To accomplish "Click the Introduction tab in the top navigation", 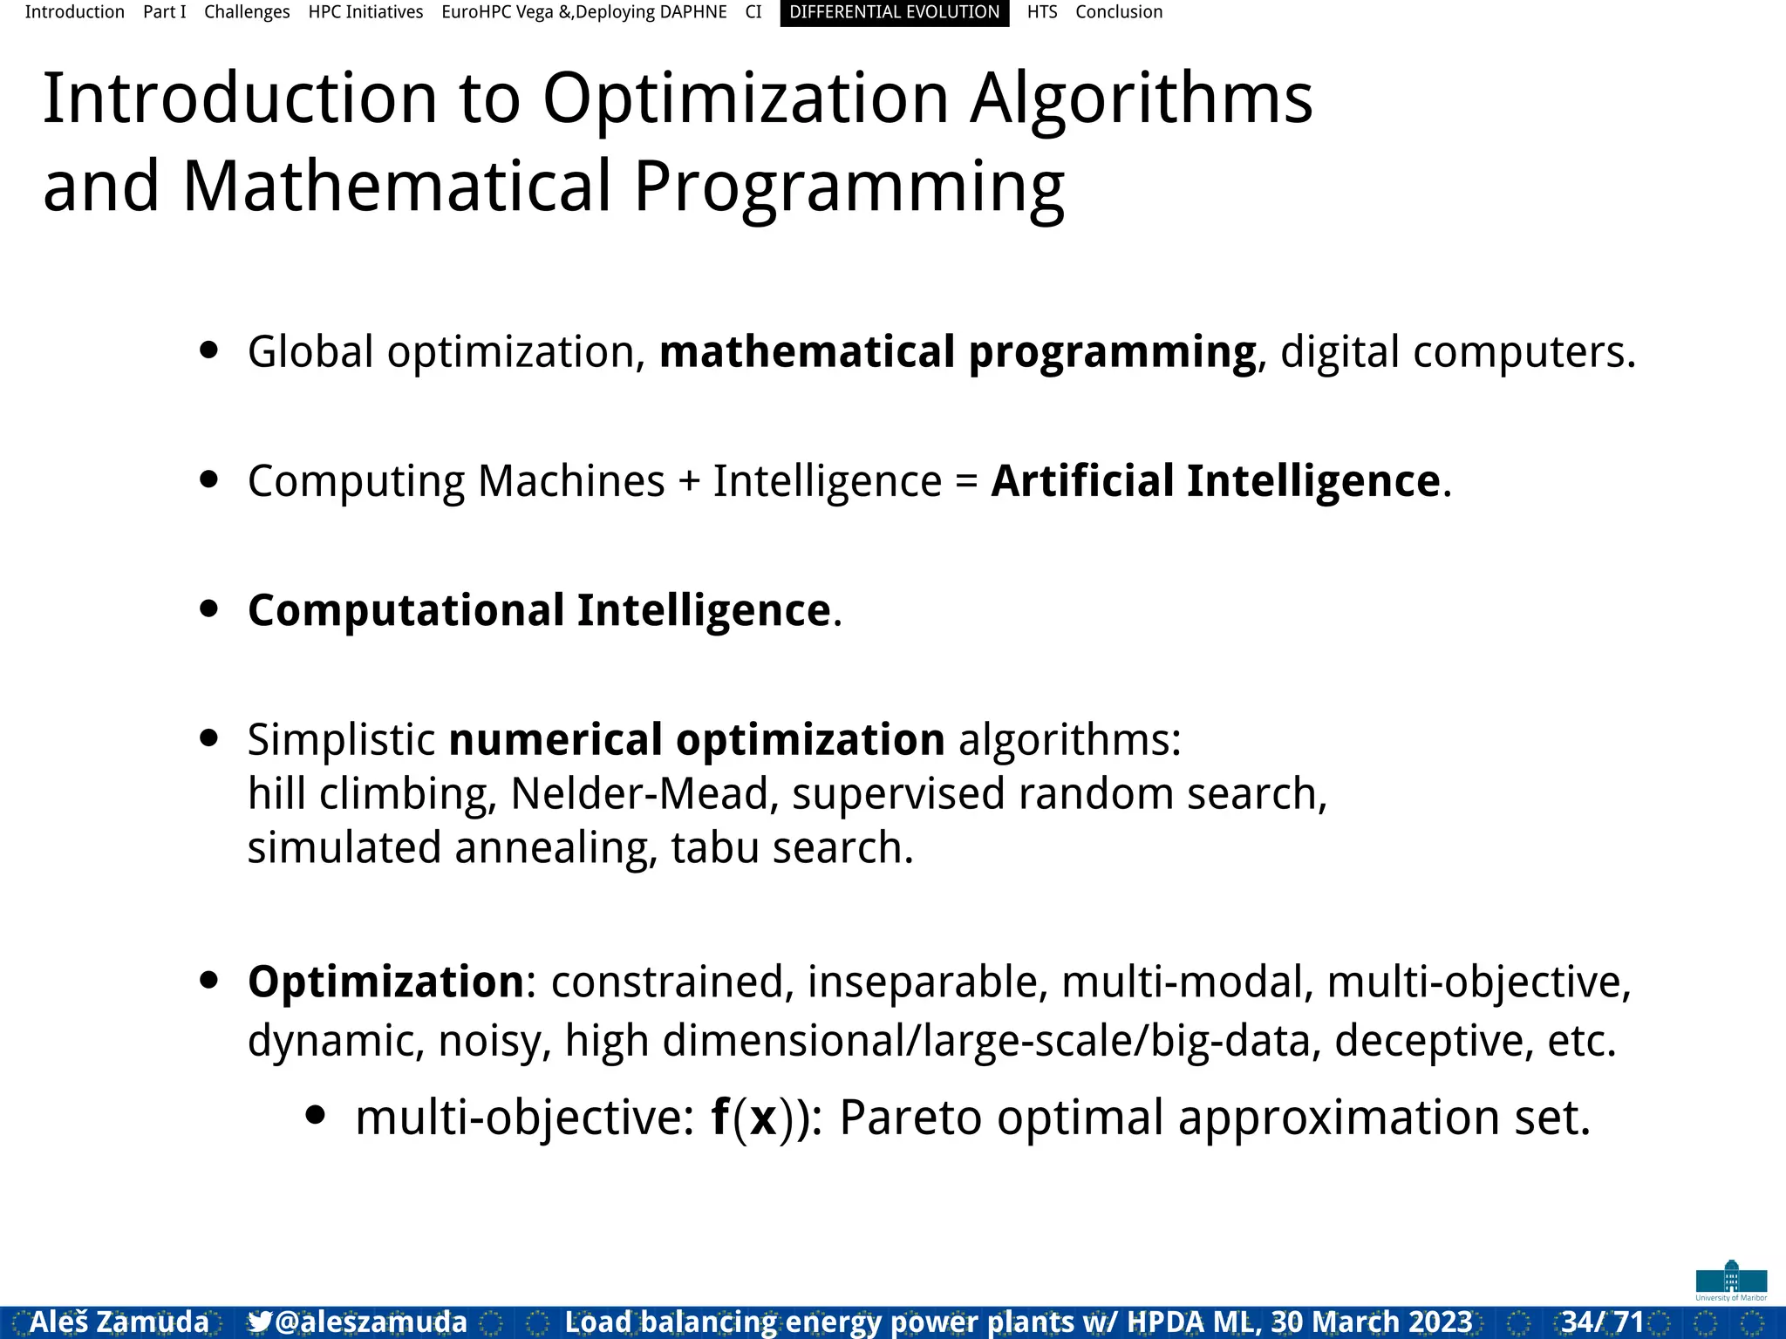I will pos(74,12).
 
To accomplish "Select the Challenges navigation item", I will pos(247,12).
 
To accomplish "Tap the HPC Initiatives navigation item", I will pos(365,12).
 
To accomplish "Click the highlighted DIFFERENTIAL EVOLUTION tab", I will pos(894,12).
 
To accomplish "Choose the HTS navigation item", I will pos(1041,12).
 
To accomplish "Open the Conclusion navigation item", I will pos(1119,12).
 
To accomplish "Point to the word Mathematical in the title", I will pos(397,187).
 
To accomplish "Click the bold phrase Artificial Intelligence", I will pos(1215,480).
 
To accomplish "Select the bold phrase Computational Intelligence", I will pos(539,609).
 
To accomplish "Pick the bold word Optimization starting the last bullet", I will pos(385,982).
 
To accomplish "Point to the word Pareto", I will pos(910,1118).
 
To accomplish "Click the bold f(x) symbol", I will pos(746,1118).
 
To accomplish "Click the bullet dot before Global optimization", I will pos(208,350).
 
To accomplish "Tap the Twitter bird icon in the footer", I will pos(259,1322).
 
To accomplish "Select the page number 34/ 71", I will pos(1602,1322).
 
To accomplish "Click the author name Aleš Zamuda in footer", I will pos(119,1322).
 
